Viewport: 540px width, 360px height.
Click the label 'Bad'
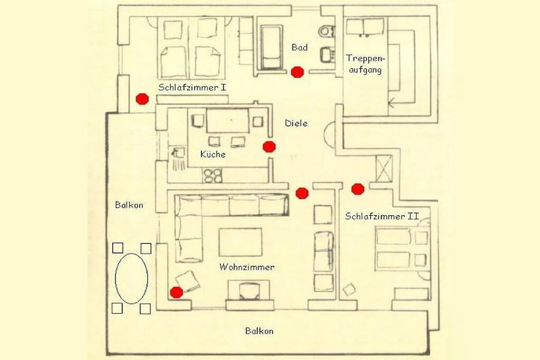pos(300,47)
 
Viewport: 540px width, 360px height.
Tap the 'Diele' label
pos(297,123)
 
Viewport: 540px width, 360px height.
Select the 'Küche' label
pos(212,154)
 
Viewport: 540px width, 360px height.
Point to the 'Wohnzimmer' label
pos(247,267)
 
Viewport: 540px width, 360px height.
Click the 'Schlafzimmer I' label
pos(192,87)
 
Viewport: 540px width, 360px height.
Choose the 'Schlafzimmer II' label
pos(382,216)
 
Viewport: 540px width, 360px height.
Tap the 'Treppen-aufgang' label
pos(364,64)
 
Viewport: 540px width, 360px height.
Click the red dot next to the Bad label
pos(297,72)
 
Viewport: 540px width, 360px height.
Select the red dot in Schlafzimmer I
pos(142,99)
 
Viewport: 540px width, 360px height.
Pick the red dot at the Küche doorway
pos(269,146)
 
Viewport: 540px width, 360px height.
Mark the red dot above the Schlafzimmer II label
pos(358,189)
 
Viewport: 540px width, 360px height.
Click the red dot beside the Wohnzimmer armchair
pos(176,292)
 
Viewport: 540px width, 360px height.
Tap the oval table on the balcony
pos(131,279)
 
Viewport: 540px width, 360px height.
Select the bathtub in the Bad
pos(271,47)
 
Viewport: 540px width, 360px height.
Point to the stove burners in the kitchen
pos(212,175)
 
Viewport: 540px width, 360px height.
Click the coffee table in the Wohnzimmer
pos(240,242)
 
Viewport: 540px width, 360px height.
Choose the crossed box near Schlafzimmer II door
pos(385,168)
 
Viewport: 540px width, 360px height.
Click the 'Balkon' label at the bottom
pos(259,331)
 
